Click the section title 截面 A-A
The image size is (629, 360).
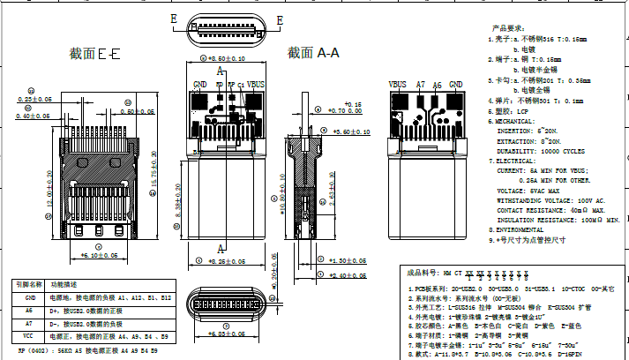click(313, 53)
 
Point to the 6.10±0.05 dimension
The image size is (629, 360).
click(100, 255)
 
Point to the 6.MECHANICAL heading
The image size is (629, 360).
click(518, 120)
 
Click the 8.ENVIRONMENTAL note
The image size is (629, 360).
click(522, 229)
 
